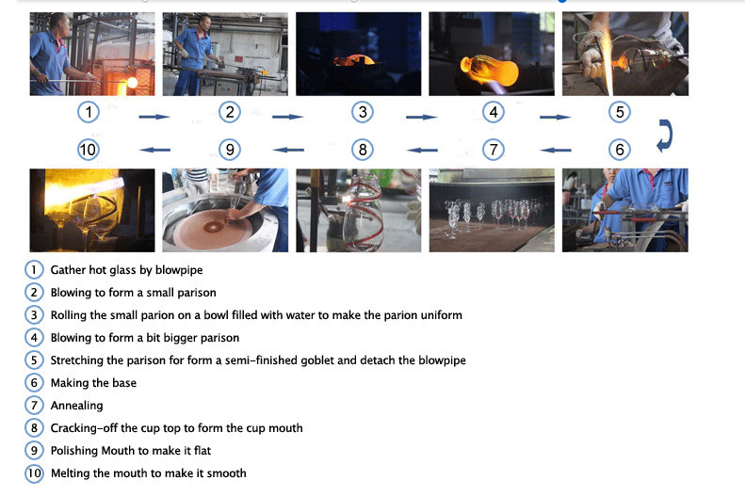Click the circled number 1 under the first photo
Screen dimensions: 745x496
click(x=89, y=113)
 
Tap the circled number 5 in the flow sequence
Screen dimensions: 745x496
click(x=620, y=113)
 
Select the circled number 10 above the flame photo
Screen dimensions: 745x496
click(x=88, y=150)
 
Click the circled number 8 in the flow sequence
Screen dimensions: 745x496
click(x=363, y=150)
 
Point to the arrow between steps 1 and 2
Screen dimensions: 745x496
click(x=154, y=117)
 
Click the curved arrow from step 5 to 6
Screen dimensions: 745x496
click(x=665, y=136)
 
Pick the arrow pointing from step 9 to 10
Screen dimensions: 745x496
click(x=154, y=150)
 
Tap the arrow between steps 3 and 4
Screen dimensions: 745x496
click(x=421, y=117)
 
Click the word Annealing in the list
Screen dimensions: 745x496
click(x=76, y=406)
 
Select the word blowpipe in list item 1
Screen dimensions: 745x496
click(x=179, y=270)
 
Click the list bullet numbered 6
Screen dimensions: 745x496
click(x=34, y=383)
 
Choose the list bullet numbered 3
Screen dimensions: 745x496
click(x=34, y=315)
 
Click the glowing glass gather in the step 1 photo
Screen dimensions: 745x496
click(x=132, y=83)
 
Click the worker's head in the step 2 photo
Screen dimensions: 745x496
click(x=204, y=23)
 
